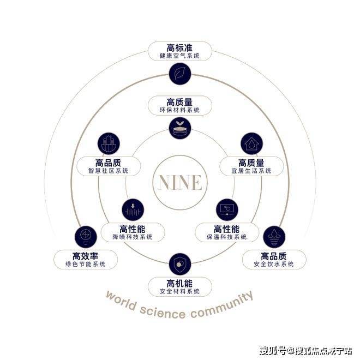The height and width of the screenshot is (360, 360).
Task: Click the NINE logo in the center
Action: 179,182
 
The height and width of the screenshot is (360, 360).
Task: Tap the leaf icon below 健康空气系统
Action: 179,74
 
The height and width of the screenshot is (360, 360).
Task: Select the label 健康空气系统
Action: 179,56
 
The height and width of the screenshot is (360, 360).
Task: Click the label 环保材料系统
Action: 179,110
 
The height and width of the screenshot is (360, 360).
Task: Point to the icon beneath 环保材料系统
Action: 179,128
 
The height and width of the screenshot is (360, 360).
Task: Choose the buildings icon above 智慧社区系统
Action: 109,143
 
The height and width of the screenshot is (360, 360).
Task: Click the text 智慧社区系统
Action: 108,171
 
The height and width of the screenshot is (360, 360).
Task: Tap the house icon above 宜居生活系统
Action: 251,143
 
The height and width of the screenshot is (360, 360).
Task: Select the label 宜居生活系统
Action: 251,171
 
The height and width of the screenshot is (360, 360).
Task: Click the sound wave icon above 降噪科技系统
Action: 133,210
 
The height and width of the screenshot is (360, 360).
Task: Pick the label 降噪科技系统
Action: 133,237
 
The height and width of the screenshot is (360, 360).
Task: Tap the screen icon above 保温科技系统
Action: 227,210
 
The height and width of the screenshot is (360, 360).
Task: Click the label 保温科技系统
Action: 227,237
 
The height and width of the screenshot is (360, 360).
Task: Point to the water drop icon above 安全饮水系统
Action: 273,236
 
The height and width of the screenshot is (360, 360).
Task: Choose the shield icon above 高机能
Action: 179,263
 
